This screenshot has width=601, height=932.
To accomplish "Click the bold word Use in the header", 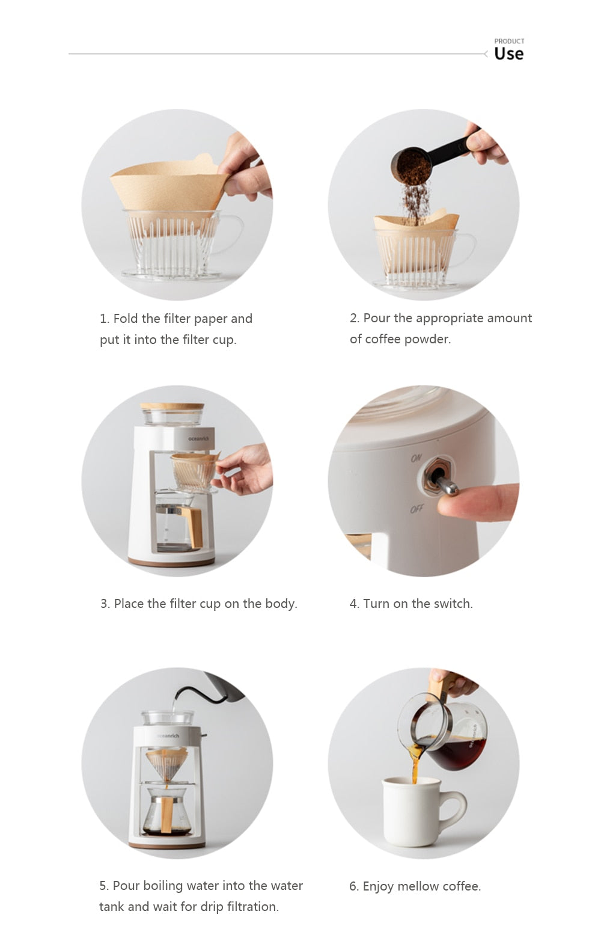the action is point(508,54).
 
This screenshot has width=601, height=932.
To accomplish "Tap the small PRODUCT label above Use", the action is point(509,41).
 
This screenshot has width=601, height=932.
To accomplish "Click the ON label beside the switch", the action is point(416,458).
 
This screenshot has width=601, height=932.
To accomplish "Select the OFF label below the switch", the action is point(416,509).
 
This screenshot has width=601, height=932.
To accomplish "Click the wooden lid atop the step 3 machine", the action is point(172,406).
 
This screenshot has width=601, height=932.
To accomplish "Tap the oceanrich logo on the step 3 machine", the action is point(199,438).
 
